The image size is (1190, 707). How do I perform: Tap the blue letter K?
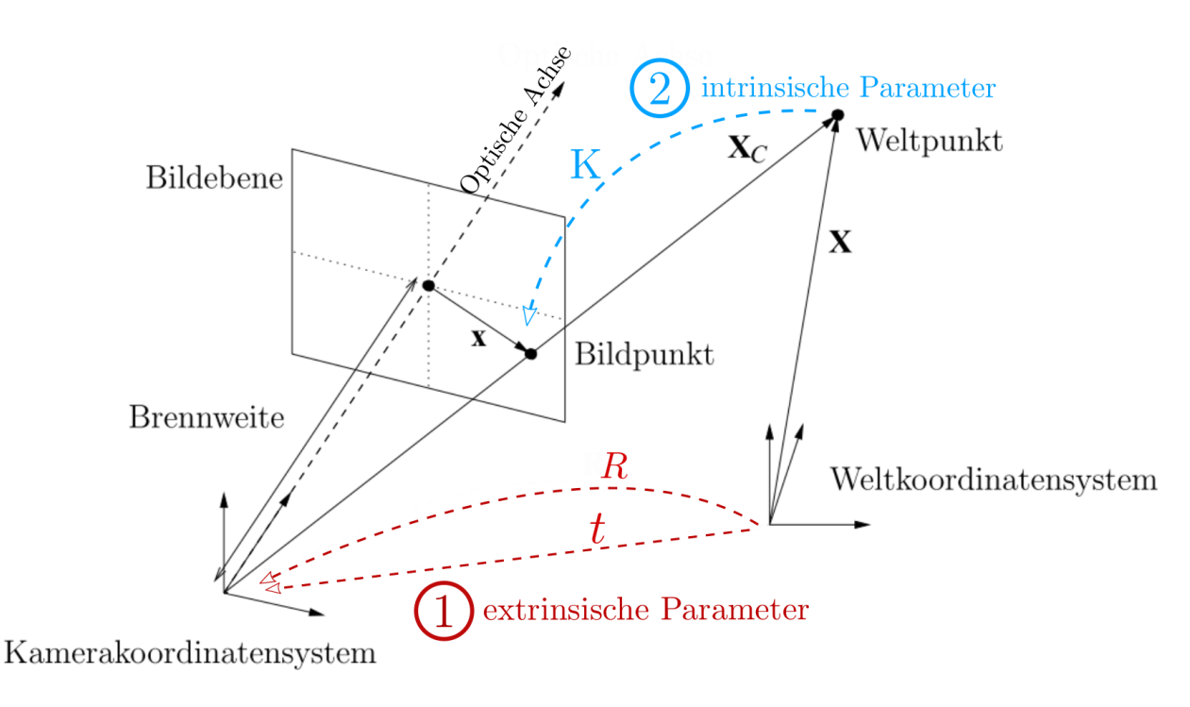coord(586,166)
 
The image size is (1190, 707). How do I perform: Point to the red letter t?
coord(596,530)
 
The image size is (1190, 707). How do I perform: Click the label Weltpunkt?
coord(929,143)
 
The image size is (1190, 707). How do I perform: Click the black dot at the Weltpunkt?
coord(836,115)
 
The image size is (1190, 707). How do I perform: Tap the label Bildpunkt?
coord(644,356)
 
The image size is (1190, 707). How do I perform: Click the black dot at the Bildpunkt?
coord(530,353)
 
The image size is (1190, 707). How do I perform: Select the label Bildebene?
coord(214,179)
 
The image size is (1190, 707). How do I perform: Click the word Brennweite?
coord(206,418)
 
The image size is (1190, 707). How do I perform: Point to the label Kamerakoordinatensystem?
coord(191,653)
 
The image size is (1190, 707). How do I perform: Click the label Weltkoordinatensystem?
coord(993,480)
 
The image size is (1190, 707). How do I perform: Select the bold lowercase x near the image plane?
coord(478,337)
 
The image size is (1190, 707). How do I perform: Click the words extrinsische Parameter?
coord(645,611)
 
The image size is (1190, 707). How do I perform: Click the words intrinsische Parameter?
coord(847,90)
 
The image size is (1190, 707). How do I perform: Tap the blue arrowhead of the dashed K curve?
coord(529,313)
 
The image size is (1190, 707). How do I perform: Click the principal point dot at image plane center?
coord(427,285)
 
